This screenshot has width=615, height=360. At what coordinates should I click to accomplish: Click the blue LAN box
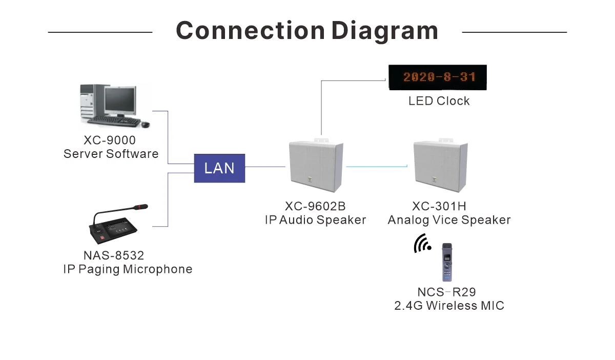(x=219, y=168)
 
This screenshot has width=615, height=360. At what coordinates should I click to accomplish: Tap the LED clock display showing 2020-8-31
(x=437, y=77)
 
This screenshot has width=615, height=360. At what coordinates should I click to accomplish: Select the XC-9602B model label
(x=315, y=207)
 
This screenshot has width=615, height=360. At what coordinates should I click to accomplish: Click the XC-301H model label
(x=439, y=207)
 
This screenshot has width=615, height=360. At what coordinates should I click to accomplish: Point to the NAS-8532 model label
(x=114, y=255)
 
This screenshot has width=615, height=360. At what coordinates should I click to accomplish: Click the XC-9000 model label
(x=111, y=140)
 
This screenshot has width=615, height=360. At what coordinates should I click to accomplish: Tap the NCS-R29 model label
(x=446, y=292)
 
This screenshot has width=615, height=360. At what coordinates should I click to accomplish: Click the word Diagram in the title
(x=384, y=31)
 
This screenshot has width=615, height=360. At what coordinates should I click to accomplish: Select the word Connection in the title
(x=250, y=31)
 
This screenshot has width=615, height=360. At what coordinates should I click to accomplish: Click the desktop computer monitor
(x=120, y=100)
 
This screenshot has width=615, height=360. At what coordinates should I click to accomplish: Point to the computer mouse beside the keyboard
(x=146, y=124)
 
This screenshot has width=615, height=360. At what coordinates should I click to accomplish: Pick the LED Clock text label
(x=439, y=101)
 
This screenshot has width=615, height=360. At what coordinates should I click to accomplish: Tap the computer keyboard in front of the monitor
(x=114, y=121)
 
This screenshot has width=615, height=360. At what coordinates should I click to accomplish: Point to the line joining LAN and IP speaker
(x=265, y=167)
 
